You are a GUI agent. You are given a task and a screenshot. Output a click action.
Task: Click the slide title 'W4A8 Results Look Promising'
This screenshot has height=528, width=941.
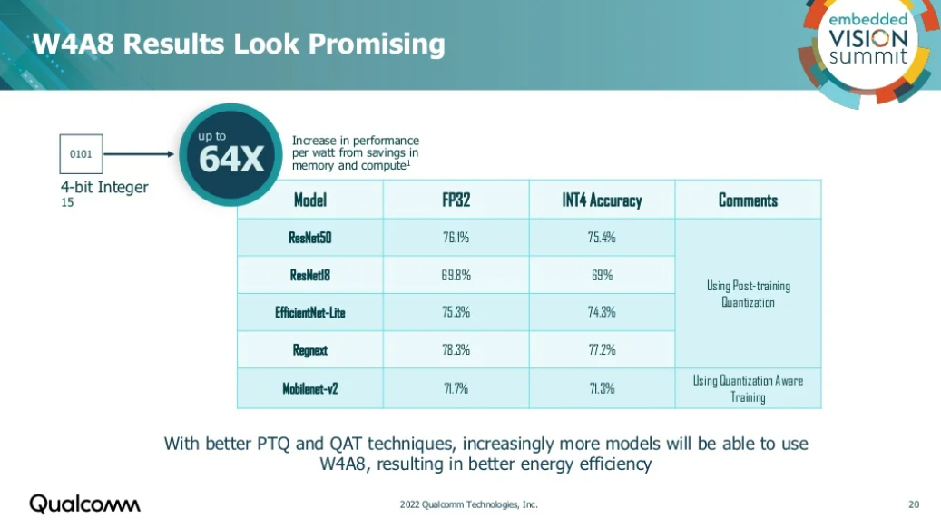tap(239, 44)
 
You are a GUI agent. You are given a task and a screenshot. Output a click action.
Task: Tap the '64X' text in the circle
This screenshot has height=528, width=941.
tap(231, 160)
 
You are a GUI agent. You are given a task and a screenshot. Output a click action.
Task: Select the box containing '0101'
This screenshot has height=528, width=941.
tap(81, 153)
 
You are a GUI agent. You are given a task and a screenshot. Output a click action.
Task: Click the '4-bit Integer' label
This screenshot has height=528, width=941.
tap(104, 188)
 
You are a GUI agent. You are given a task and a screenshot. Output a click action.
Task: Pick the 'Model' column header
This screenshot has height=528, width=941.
tap(310, 200)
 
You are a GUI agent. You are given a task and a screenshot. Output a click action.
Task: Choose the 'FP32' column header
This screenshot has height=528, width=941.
tap(456, 200)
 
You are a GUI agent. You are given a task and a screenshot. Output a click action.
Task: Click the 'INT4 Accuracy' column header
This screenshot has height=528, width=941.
tap(602, 200)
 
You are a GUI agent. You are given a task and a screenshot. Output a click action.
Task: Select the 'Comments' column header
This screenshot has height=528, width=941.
tap(748, 200)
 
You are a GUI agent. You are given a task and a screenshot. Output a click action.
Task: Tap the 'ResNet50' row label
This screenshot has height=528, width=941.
tap(310, 238)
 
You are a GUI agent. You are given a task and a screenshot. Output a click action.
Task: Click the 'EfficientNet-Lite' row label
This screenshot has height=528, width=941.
tap(310, 313)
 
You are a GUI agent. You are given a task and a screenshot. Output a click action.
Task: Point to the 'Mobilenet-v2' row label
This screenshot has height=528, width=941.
tap(310, 388)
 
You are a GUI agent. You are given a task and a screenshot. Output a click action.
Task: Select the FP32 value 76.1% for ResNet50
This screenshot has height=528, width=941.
tap(456, 238)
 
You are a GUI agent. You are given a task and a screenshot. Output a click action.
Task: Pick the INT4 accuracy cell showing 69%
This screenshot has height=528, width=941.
tap(602, 275)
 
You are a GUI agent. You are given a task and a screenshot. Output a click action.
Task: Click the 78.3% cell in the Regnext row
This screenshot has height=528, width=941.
tap(456, 350)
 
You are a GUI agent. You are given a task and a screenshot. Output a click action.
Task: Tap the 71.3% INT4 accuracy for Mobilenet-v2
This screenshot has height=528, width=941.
tap(602, 388)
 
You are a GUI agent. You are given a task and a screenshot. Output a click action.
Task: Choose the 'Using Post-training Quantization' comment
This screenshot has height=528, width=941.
tap(748, 294)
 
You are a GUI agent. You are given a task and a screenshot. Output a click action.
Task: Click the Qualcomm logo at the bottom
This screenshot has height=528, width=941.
tap(84, 504)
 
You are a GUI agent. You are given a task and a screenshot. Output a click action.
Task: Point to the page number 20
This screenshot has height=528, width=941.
tap(913, 504)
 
